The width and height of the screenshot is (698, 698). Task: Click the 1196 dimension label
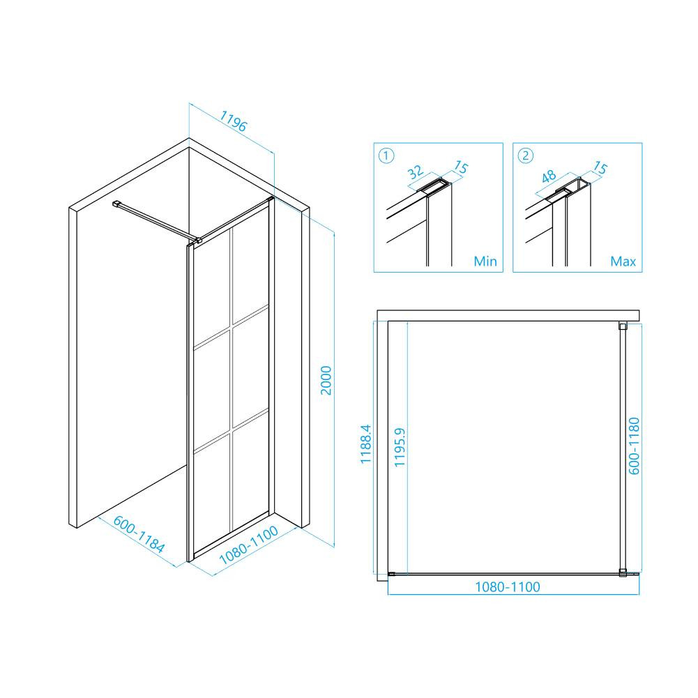point(233,121)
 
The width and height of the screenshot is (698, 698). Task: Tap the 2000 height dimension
point(326,381)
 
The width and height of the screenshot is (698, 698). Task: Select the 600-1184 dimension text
point(139,534)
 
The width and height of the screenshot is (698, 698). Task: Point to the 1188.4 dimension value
point(365,443)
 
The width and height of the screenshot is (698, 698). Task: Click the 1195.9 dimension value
point(400,447)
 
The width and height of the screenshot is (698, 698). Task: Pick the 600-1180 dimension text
point(634,446)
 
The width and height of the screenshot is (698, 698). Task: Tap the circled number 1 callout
point(386,155)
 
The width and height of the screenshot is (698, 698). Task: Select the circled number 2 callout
point(526,155)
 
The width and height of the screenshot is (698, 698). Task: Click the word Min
point(485,261)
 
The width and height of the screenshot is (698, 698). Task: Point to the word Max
point(623,261)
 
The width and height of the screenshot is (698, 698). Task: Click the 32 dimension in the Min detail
point(415,172)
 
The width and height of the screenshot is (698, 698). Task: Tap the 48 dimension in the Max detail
point(548,176)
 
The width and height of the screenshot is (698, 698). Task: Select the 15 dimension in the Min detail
point(461,167)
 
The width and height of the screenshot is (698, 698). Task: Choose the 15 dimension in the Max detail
point(600,168)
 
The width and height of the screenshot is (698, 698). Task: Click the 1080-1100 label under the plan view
point(508,586)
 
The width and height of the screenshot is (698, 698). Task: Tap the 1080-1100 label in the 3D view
point(249,545)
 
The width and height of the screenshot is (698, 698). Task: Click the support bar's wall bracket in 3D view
point(116,204)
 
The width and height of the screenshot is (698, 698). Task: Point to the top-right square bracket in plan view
point(623,326)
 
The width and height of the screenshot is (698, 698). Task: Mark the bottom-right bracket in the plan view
point(623,573)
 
